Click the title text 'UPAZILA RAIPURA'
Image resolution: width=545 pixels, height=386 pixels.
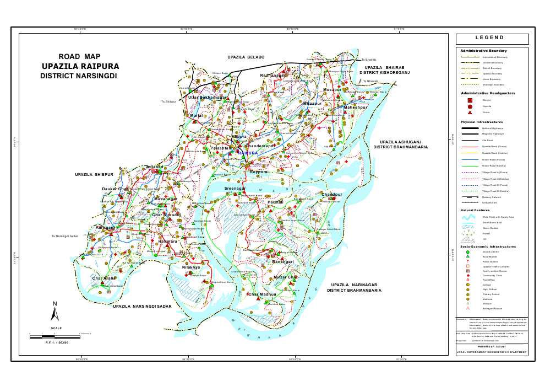80,66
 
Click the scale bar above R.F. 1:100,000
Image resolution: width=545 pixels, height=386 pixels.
54,336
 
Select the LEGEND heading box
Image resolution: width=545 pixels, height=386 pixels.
492,39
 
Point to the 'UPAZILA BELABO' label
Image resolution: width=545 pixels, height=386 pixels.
246,57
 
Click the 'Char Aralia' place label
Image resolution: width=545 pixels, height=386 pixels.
103,278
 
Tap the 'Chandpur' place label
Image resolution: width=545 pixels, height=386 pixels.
332,195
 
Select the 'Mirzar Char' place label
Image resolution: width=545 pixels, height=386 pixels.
285,277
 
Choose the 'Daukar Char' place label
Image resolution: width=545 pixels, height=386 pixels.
115,189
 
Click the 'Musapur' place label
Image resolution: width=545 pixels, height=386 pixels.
333,89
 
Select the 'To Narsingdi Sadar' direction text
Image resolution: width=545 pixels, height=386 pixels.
66,236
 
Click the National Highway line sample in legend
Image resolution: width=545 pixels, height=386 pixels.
470,128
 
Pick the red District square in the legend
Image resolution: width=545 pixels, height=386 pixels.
470,100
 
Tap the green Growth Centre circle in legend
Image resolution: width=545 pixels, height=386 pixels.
468,252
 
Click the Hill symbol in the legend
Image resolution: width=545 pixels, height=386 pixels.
470,239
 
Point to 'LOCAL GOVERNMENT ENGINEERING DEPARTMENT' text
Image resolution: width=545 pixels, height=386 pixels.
492,352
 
